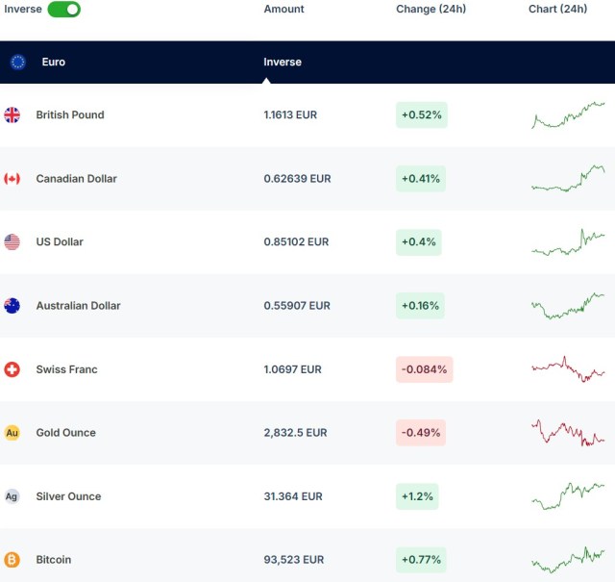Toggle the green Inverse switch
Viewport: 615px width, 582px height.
(63, 9)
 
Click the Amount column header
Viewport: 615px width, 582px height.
(283, 9)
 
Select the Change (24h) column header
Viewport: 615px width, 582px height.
(430, 9)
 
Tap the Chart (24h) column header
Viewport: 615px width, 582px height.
(557, 9)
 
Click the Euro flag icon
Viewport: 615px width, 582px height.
(17, 62)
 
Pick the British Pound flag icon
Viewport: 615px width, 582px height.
(12, 114)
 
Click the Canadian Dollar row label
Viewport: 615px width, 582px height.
(76, 178)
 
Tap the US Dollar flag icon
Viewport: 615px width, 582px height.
(12, 241)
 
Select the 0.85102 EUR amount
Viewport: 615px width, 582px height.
(296, 241)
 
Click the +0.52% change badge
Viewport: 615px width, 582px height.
(422, 114)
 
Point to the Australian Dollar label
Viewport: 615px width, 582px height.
(78, 305)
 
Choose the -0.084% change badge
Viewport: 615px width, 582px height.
(424, 369)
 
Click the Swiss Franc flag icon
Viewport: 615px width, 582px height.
(12, 369)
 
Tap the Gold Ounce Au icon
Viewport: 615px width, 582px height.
(12, 433)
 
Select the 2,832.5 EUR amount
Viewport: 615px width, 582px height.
(295, 433)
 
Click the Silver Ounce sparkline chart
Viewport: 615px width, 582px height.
(568, 495)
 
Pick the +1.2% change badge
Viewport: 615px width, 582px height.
(417, 496)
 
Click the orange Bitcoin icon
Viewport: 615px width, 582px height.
(12, 559)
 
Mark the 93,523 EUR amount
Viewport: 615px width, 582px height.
(293, 559)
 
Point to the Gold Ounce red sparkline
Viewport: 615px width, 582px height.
(568, 432)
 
